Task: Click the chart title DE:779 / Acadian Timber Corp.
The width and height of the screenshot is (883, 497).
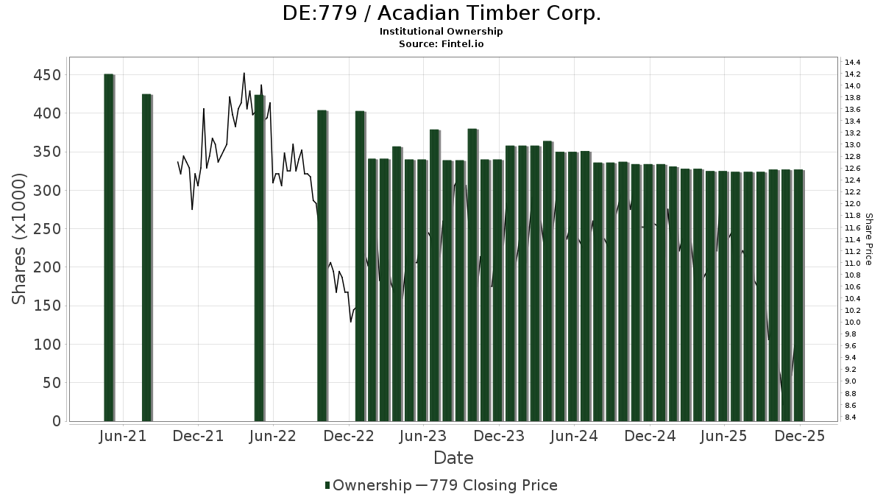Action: click(x=441, y=13)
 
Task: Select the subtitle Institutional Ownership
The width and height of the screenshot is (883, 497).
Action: click(x=441, y=32)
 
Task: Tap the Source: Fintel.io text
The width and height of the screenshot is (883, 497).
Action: click(x=441, y=43)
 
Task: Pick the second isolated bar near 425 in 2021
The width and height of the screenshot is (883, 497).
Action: click(x=146, y=258)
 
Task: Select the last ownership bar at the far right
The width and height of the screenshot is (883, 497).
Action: click(x=798, y=295)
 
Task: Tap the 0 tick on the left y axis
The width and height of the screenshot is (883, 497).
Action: click(x=56, y=421)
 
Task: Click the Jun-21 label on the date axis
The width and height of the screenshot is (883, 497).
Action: click(x=122, y=437)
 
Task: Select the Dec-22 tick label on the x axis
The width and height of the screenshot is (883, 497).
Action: click(x=349, y=437)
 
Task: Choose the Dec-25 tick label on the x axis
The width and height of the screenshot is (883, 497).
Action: click(x=800, y=437)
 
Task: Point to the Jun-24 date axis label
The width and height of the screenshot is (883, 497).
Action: click(x=574, y=437)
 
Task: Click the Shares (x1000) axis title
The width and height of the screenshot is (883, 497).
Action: click(x=19, y=239)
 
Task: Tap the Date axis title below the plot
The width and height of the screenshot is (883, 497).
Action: click(x=453, y=458)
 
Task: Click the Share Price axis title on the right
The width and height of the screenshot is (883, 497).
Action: click(x=868, y=239)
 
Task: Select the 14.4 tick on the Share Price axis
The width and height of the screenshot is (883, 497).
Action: click(x=854, y=62)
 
